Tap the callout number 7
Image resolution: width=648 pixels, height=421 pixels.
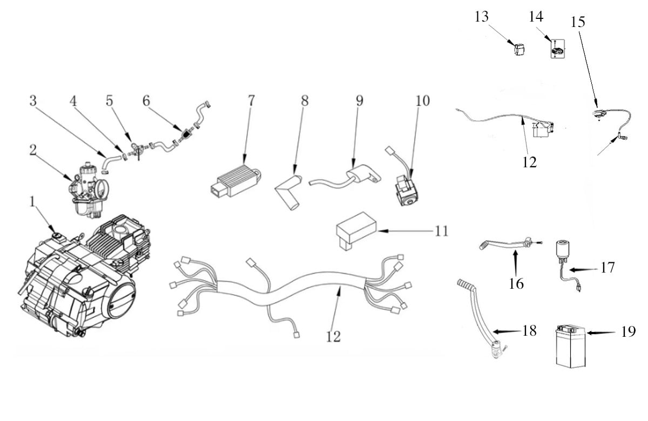[251, 100]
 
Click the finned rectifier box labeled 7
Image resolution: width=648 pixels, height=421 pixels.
[236, 181]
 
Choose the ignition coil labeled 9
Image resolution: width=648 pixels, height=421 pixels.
[346, 176]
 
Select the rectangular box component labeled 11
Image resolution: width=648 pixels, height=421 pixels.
[356, 230]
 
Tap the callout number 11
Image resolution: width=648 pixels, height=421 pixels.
[442, 231]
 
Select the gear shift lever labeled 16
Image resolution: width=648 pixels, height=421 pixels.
[509, 243]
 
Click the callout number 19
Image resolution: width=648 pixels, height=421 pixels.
[629, 331]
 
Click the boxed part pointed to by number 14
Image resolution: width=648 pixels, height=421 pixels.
[557, 49]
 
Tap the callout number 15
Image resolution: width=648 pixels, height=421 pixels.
[578, 22]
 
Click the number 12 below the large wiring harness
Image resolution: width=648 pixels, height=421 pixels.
[333, 336]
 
